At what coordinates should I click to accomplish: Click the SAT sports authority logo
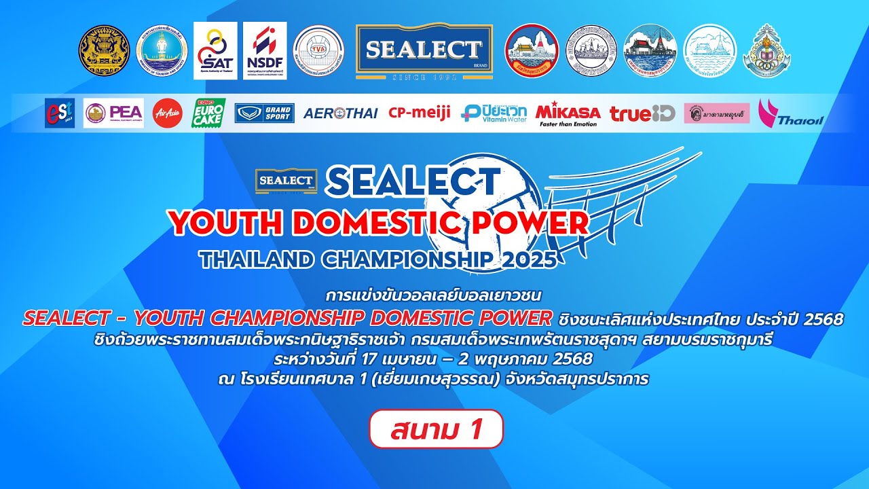coord(215,51)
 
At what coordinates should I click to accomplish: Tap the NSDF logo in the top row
coord(265,51)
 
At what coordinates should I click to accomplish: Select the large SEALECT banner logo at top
coord(424,52)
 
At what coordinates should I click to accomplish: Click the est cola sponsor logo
coord(59,113)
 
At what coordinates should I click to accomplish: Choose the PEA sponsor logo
coord(113,113)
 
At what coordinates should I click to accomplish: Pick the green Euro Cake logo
coord(208,113)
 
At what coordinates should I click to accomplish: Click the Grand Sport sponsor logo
coord(264,113)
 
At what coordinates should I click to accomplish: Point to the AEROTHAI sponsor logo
coord(341,113)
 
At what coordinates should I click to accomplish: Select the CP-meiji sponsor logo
coord(419,113)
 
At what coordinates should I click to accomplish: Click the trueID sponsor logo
coord(642,113)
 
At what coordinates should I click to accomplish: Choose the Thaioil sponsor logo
coord(790,113)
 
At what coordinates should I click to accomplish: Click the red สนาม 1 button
coord(436,429)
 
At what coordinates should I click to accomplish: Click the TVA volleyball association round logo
coord(318,52)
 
